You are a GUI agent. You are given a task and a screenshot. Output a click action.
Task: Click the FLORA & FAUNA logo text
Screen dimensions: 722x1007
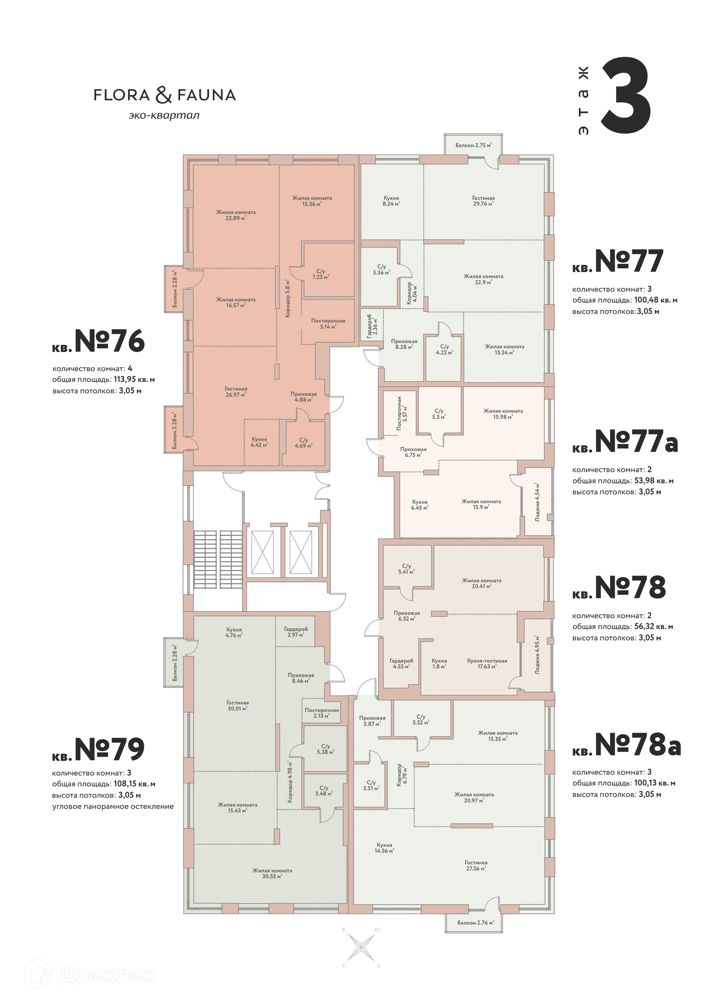pos(164,95)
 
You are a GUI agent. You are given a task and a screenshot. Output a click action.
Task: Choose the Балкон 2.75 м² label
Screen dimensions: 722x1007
pos(473,145)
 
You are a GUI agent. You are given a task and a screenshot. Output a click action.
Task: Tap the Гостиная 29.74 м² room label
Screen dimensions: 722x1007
pos(483,201)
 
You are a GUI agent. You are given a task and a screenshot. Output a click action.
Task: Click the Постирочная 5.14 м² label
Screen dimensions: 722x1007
pos(328,323)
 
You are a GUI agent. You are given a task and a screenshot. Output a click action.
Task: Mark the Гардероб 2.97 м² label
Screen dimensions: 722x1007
pos(296,632)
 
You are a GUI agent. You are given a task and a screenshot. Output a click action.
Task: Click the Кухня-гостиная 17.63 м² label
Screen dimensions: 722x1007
pos(487,663)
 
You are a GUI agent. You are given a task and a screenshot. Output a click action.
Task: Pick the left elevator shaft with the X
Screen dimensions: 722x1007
pos(262,552)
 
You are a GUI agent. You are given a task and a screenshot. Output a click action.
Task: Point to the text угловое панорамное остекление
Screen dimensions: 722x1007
pos(113,806)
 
